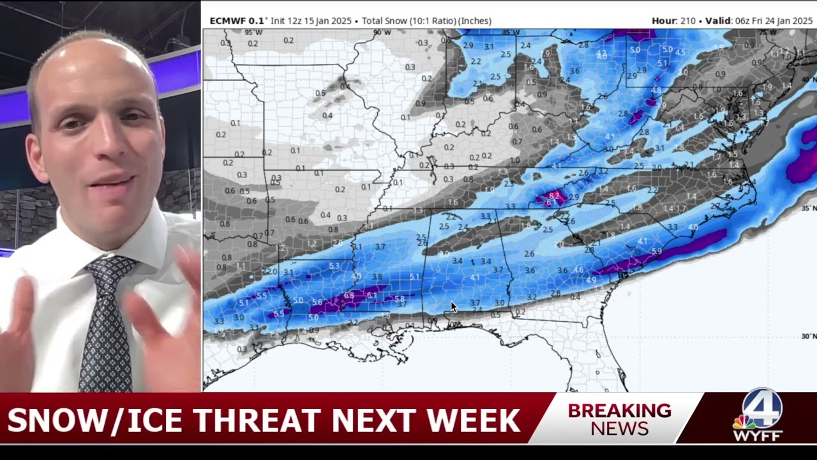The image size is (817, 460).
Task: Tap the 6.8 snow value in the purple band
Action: point(349,296)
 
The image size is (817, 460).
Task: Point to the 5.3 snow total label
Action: point(334,266)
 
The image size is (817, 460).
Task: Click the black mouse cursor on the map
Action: point(454,307)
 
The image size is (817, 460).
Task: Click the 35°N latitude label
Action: point(808,208)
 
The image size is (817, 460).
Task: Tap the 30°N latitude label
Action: point(808,336)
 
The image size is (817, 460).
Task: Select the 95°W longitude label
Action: point(253,33)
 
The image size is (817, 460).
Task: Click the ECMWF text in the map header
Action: point(228,21)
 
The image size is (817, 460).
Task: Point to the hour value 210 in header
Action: point(687,21)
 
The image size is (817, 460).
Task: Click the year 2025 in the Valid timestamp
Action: point(802,21)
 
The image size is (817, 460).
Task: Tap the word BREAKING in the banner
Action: point(619,411)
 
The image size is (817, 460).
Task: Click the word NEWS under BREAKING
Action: point(619,428)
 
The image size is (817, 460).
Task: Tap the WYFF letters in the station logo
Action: point(757,436)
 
